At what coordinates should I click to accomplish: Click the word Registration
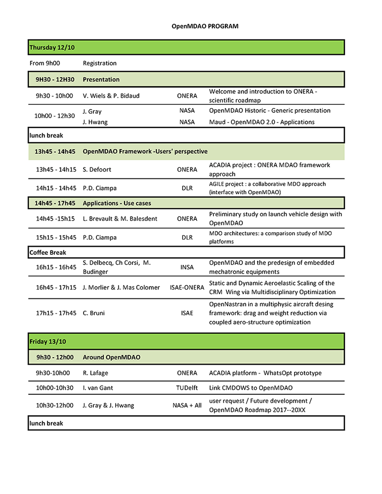point(100,63)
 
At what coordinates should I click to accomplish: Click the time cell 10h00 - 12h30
point(54,116)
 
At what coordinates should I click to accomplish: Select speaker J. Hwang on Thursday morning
point(95,122)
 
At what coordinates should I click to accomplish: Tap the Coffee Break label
point(48,252)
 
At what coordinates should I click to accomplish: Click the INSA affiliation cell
point(187,267)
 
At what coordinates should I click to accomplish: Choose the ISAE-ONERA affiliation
point(187,288)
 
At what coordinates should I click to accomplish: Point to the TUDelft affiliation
point(187,388)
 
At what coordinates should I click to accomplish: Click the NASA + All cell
point(187,406)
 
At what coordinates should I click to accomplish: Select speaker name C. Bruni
point(94,313)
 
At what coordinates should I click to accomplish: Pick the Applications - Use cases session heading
point(117,203)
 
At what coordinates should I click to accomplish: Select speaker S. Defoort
point(98,169)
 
